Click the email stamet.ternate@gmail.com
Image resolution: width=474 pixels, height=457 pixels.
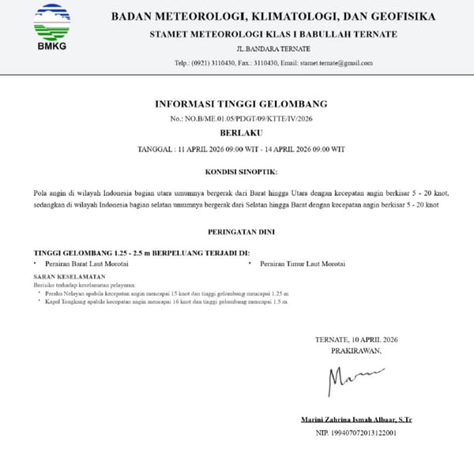coord(341,61)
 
